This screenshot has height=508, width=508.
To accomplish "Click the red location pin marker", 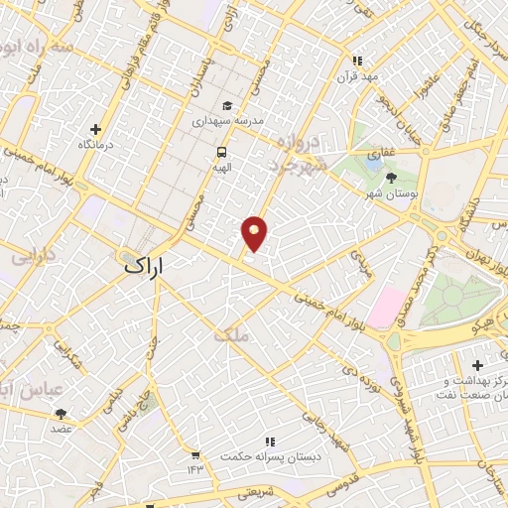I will click(255, 232).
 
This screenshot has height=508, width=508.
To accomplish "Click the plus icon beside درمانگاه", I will click(95, 129).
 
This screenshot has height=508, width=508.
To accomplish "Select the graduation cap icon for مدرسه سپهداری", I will click(227, 105).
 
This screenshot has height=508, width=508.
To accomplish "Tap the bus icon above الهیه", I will click(220, 152).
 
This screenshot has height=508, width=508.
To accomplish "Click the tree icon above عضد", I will click(62, 414).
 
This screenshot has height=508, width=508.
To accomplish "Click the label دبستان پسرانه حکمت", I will click(269, 459).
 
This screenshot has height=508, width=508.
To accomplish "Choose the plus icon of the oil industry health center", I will click(478, 365).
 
